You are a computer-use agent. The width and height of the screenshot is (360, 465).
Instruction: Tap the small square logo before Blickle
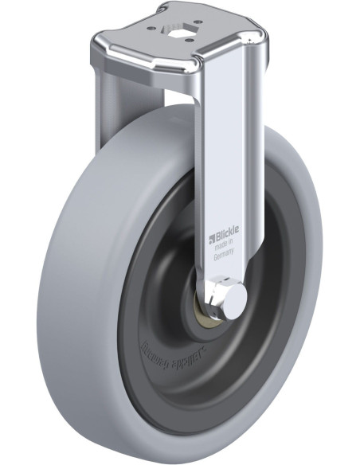[213, 236]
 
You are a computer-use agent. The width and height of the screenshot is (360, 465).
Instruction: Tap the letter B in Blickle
[218, 236]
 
